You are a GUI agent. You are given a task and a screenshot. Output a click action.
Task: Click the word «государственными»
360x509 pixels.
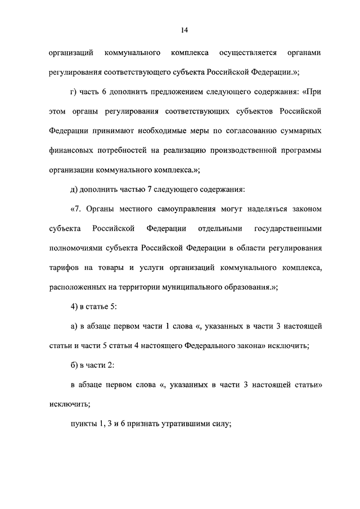click(287, 229)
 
